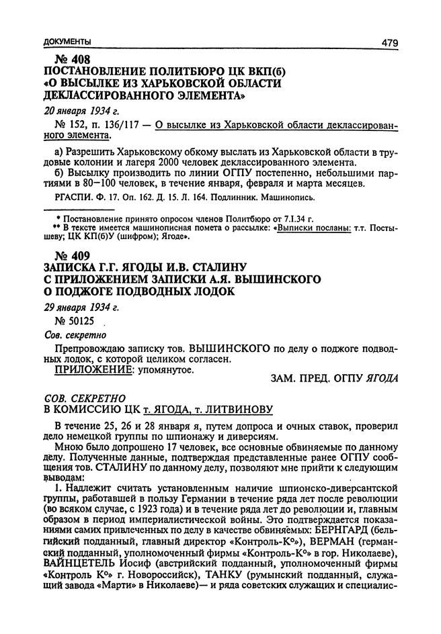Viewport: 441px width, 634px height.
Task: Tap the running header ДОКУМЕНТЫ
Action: pyautogui.click(x=65, y=42)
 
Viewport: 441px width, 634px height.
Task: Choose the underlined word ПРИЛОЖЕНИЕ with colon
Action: pyautogui.click(x=85, y=370)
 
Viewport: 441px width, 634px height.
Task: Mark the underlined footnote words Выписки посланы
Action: pyautogui.click(x=313, y=228)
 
